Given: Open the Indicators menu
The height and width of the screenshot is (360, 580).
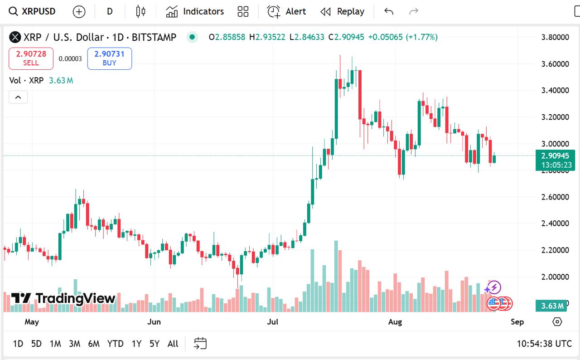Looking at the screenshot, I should [x=195, y=11].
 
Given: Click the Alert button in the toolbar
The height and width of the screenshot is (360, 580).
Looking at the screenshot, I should [x=287, y=11].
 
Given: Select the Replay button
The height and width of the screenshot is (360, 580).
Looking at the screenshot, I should [x=342, y=11].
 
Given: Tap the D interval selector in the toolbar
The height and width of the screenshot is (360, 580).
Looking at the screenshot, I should [x=110, y=11].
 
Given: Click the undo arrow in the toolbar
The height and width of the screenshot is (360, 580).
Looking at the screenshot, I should [x=389, y=11].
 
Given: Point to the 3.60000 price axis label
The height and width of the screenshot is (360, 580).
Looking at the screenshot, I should [x=555, y=64].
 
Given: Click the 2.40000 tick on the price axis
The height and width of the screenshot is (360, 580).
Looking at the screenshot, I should [x=555, y=224].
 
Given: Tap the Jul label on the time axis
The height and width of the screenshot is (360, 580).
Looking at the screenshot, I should [x=273, y=322].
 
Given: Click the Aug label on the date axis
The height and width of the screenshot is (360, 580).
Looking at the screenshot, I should [x=395, y=322].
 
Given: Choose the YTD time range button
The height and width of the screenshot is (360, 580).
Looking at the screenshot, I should [x=115, y=344].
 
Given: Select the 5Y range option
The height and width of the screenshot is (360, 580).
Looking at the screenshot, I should [x=155, y=344].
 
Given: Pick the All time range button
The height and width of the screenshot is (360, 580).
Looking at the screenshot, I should [x=173, y=344].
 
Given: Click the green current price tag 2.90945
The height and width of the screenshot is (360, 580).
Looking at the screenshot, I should [x=555, y=156].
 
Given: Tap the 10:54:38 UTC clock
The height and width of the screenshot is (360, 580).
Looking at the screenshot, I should [x=544, y=344].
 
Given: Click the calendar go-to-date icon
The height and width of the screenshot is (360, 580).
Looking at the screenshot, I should [x=200, y=344].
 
